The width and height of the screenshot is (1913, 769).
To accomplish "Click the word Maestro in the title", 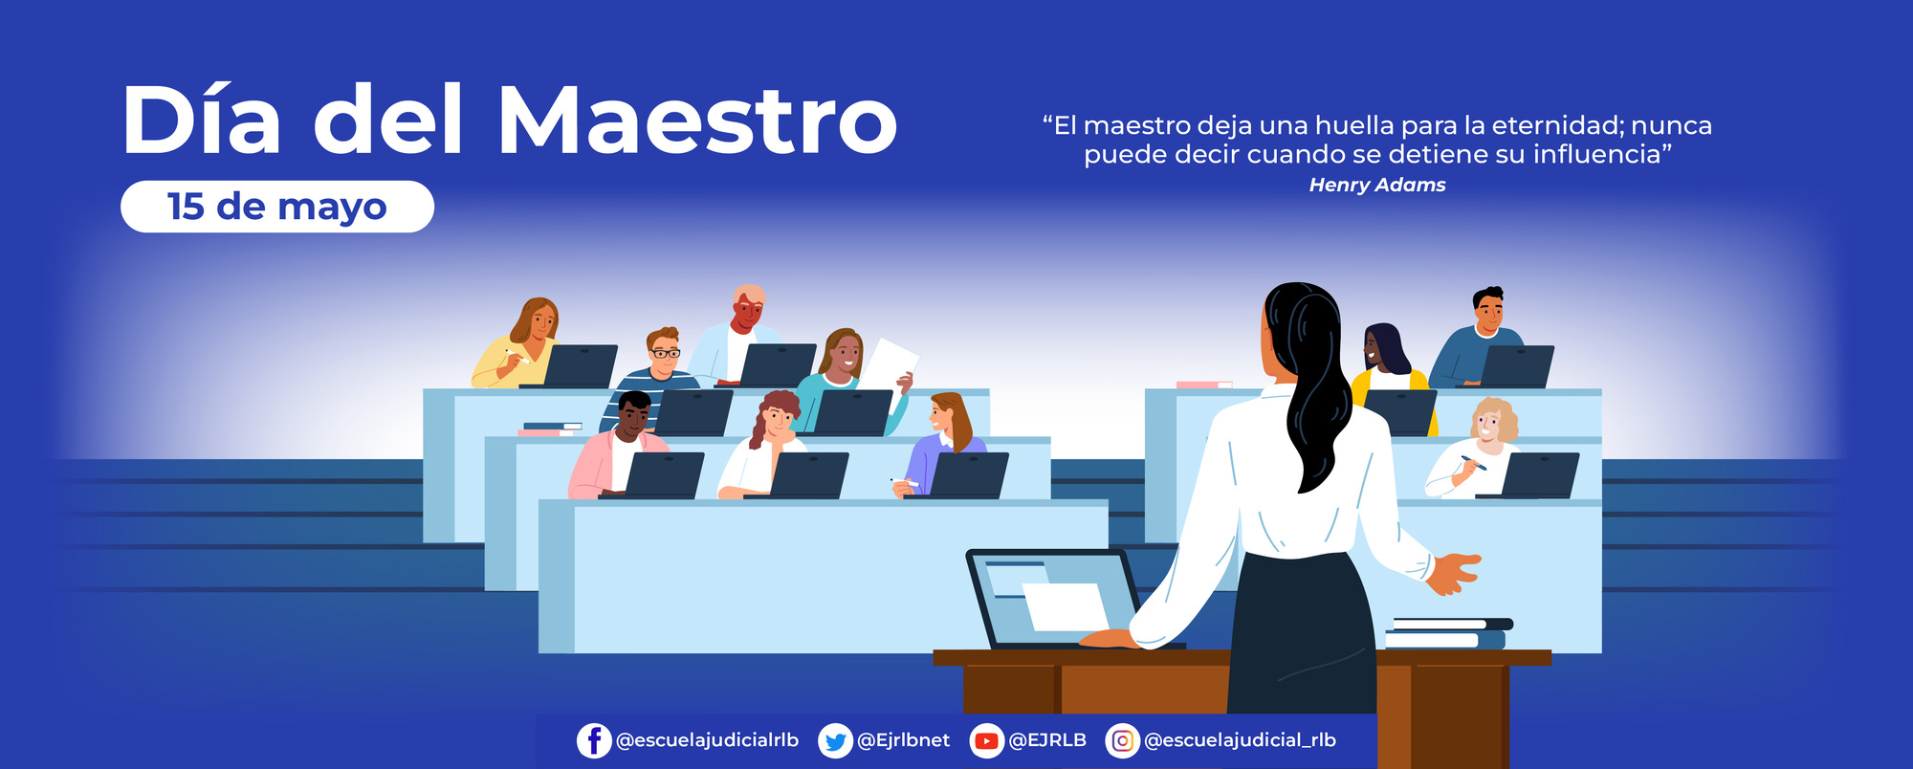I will pos(696,120).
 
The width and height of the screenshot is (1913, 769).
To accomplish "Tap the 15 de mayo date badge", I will pos(277,207).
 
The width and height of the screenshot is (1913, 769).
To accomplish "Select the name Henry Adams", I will pos(1376,186).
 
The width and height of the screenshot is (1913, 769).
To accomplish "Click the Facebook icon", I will pos(594,740).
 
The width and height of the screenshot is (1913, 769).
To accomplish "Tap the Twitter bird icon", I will pos(835,740).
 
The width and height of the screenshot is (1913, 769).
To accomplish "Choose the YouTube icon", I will pos(986,740).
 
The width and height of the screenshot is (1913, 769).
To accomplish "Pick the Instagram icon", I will pos(1122,740).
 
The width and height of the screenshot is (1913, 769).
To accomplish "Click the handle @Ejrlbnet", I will pos(903,740).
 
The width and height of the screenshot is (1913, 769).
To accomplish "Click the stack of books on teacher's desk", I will pos(1446,633).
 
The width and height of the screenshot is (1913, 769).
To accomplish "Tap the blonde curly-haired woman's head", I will pos(1492,421).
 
